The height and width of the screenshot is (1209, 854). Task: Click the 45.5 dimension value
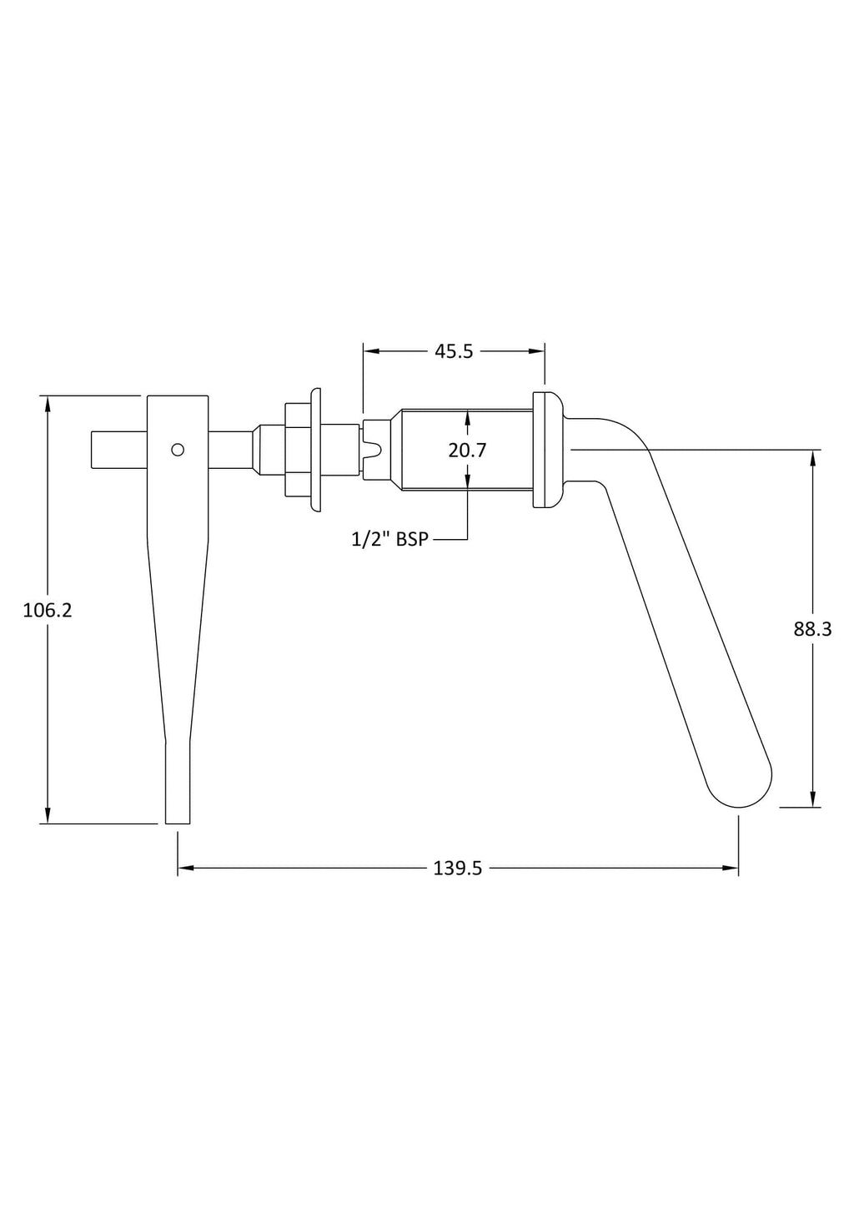pyautogui.click(x=454, y=351)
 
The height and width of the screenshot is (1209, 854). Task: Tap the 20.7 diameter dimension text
pyautogui.click(x=467, y=450)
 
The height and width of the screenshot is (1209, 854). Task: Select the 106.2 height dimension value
pyautogui.click(x=48, y=611)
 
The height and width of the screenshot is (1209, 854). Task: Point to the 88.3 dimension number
pyautogui.click(x=812, y=629)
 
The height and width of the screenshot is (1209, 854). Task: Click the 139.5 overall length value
pyautogui.click(x=458, y=869)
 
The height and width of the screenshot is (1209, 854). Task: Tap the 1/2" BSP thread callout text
pyautogui.click(x=390, y=539)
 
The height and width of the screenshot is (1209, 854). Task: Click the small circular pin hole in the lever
pyautogui.click(x=178, y=449)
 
